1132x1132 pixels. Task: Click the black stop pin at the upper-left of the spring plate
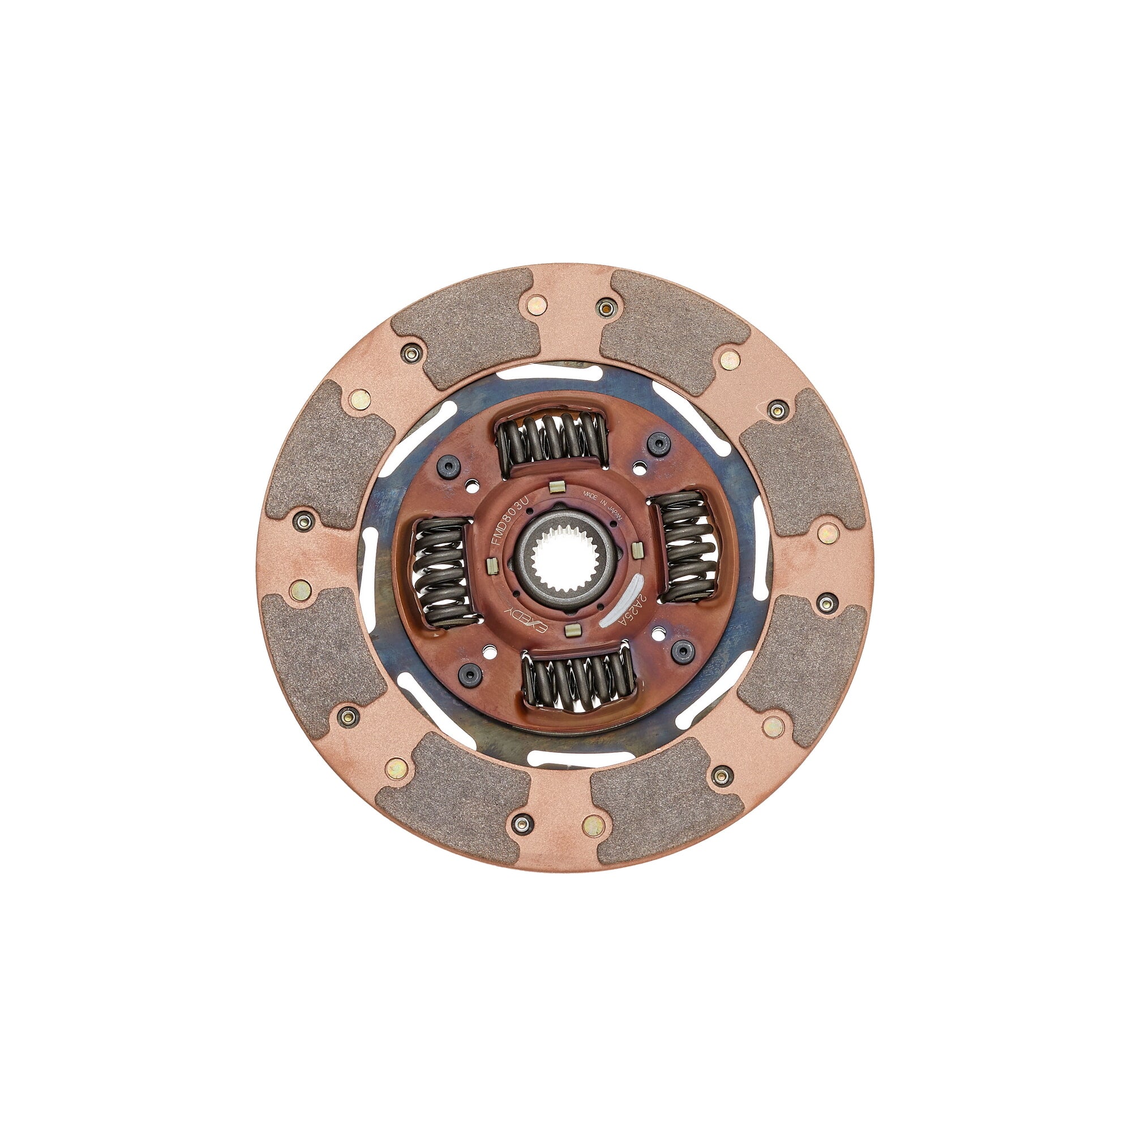(x=451, y=466)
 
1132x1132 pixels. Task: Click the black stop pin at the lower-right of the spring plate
(x=681, y=649)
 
